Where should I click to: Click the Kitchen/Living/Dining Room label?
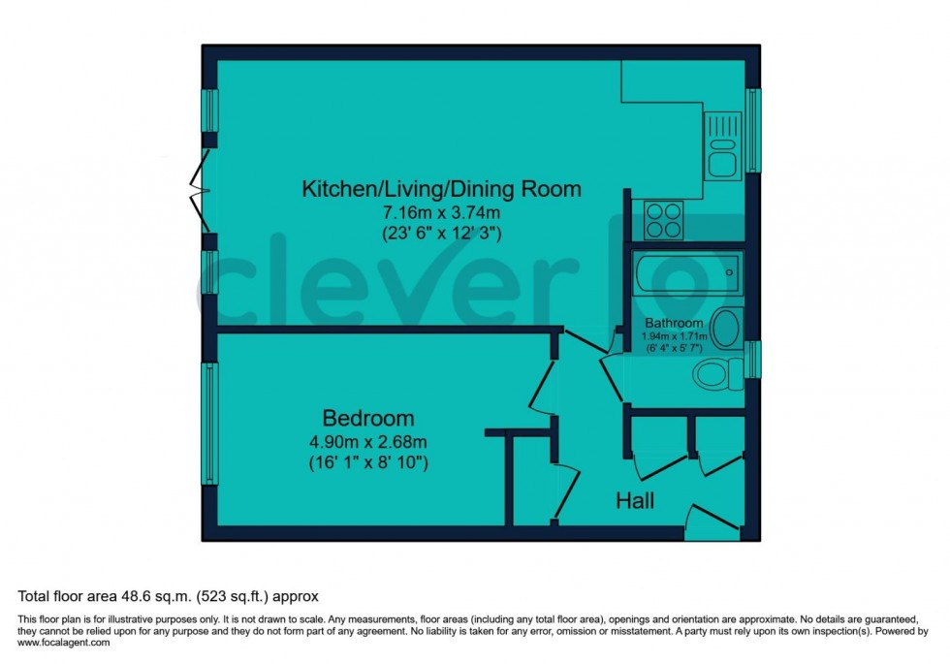point(442,188)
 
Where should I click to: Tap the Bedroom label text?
point(367,419)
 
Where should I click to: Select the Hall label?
point(635,501)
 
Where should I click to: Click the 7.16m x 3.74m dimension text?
point(442,212)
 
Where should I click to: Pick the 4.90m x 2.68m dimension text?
point(367,442)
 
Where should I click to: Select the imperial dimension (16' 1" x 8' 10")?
point(367,463)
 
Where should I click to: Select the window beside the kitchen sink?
point(753,131)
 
